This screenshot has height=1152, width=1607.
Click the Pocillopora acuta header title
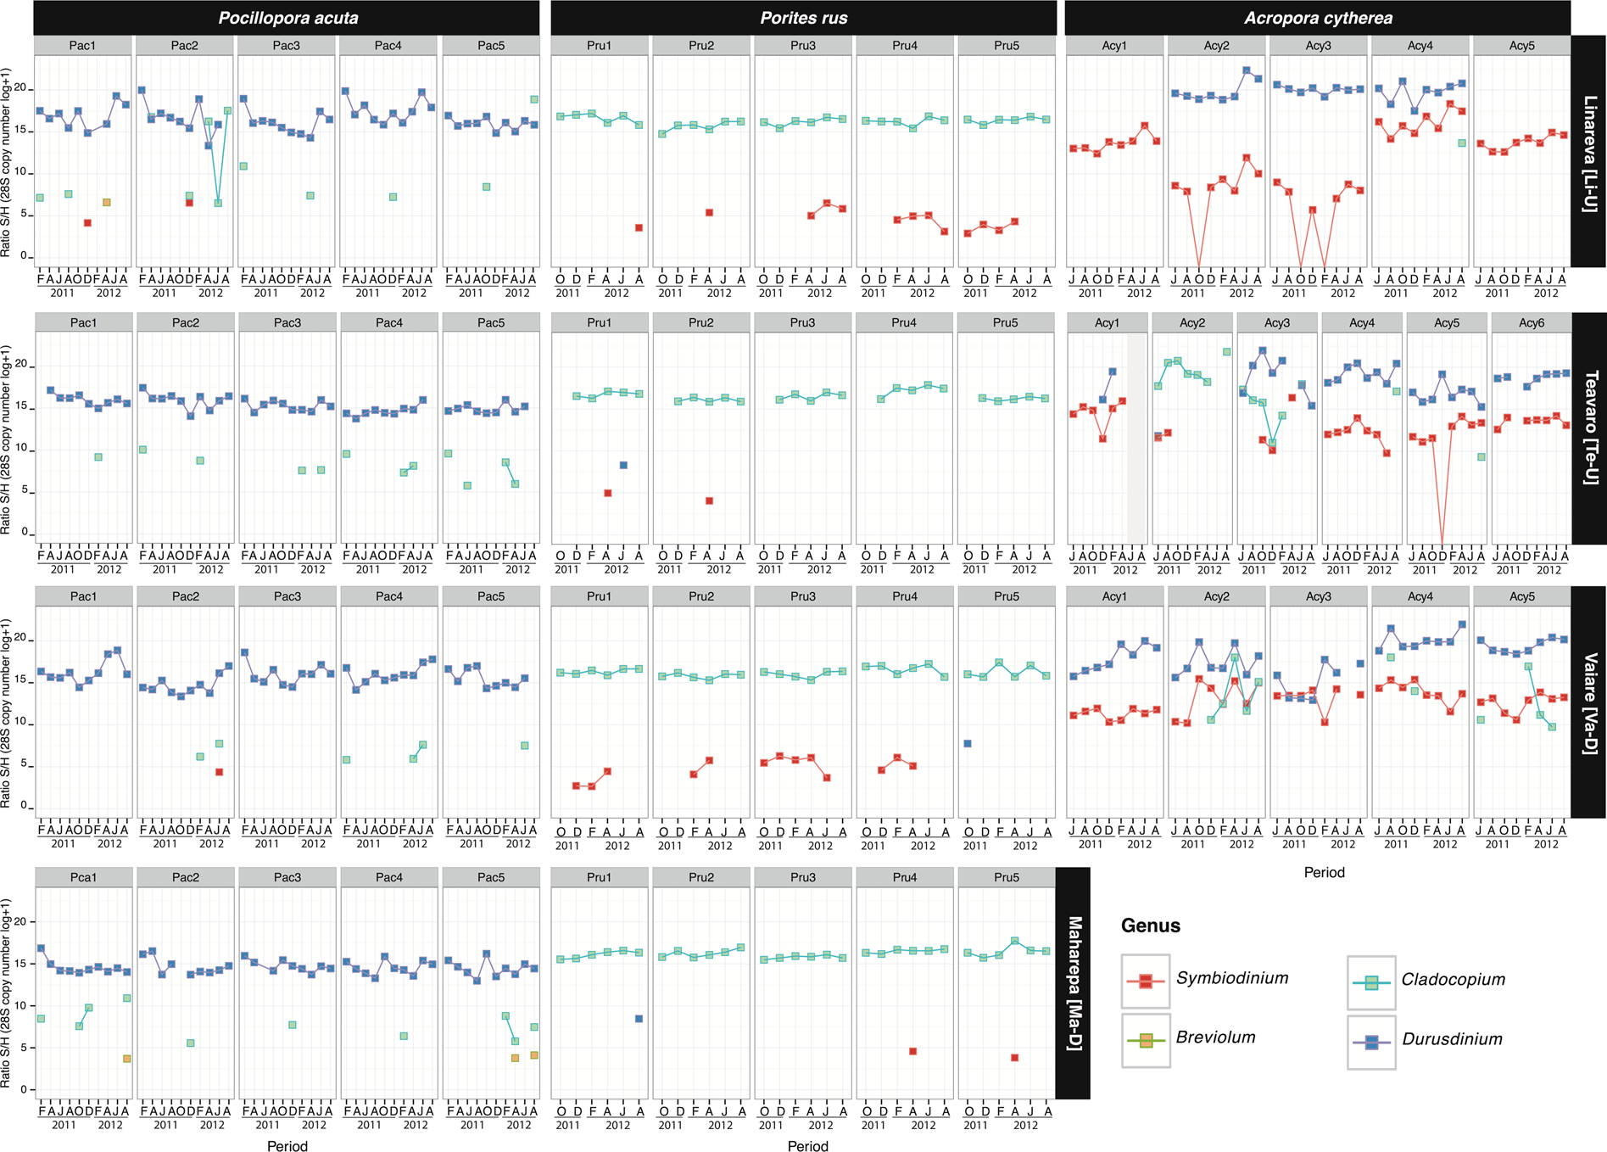(287, 18)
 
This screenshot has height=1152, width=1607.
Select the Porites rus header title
(803, 18)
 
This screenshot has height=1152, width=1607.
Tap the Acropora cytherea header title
(1318, 18)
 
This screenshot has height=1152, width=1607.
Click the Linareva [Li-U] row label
(1588, 153)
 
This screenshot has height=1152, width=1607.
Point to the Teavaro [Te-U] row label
(1588, 428)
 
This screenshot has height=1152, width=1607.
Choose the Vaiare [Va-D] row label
(1588, 702)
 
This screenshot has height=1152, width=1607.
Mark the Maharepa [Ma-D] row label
(1073, 982)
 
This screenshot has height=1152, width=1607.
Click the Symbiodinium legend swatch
(1145, 981)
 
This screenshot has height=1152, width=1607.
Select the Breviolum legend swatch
(1145, 1040)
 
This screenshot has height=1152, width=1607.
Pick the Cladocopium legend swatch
(1370, 982)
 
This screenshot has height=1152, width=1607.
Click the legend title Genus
(1150, 926)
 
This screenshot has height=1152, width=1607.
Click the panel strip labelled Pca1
(83, 877)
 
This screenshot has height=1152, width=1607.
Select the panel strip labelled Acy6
(1531, 322)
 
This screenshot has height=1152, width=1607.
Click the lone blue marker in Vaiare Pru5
(968, 743)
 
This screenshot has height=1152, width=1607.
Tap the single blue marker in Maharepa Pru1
(639, 1019)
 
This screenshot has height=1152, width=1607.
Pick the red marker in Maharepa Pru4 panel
(912, 1051)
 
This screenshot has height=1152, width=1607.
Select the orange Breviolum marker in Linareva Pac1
(107, 202)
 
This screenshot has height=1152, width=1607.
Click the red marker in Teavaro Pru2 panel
(709, 501)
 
